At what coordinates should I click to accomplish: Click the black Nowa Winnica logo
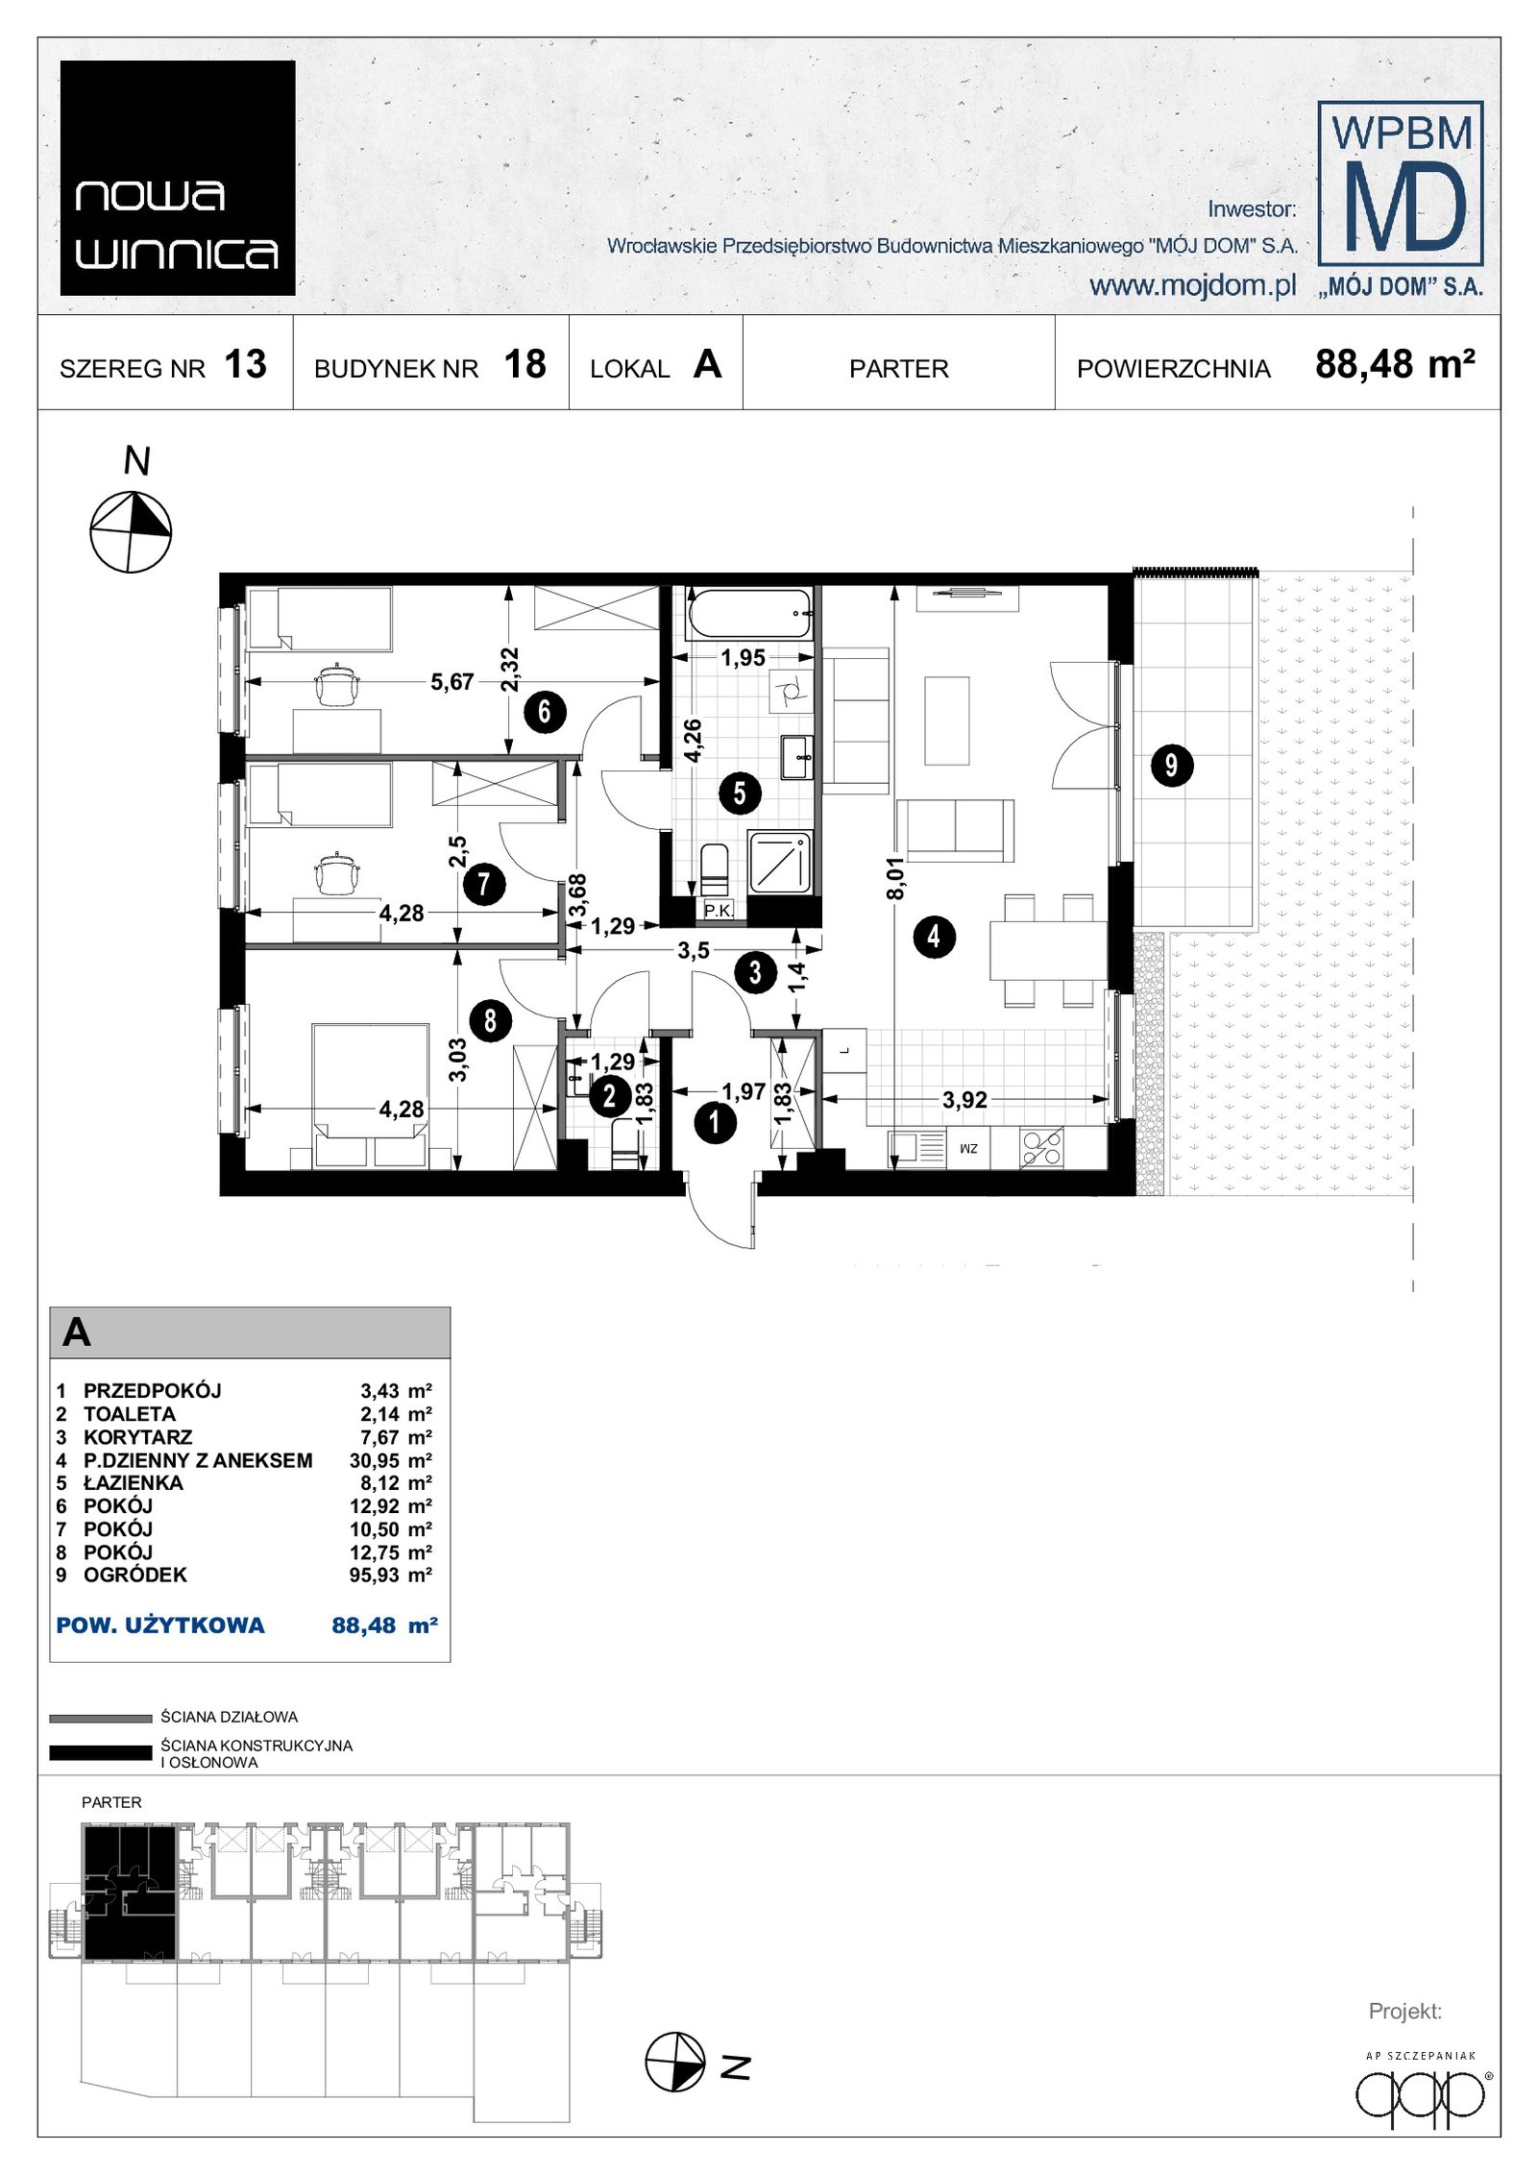pyautogui.click(x=178, y=178)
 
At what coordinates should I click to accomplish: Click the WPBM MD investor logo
pyautogui.click(x=1401, y=198)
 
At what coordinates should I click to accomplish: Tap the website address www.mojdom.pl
pyautogui.click(x=1192, y=285)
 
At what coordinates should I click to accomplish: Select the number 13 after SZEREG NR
pyautogui.click(x=245, y=365)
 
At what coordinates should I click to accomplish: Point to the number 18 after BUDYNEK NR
pyautogui.click(x=525, y=365)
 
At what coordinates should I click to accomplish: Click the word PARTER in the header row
pyautogui.click(x=898, y=369)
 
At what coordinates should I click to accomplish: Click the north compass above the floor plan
pyautogui.click(x=131, y=531)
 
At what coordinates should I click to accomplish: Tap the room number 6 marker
pyautogui.click(x=545, y=712)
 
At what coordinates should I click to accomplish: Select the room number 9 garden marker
pyautogui.click(x=1171, y=766)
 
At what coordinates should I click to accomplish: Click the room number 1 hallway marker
pyautogui.click(x=714, y=1122)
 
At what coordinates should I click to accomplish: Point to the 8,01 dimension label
pyautogui.click(x=895, y=879)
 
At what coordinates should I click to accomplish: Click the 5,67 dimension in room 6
pyautogui.click(x=451, y=682)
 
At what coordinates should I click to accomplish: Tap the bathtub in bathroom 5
pyautogui.click(x=748, y=615)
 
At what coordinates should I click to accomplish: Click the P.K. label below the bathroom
pyautogui.click(x=718, y=910)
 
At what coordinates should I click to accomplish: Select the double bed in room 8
pyautogui.click(x=370, y=1096)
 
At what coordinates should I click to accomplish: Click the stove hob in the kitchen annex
pyautogui.click(x=1041, y=1148)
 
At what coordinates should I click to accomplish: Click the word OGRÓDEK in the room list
pyautogui.click(x=135, y=1576)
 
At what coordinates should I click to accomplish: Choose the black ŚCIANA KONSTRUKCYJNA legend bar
pyautogui.click(x=101, y=1753)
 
